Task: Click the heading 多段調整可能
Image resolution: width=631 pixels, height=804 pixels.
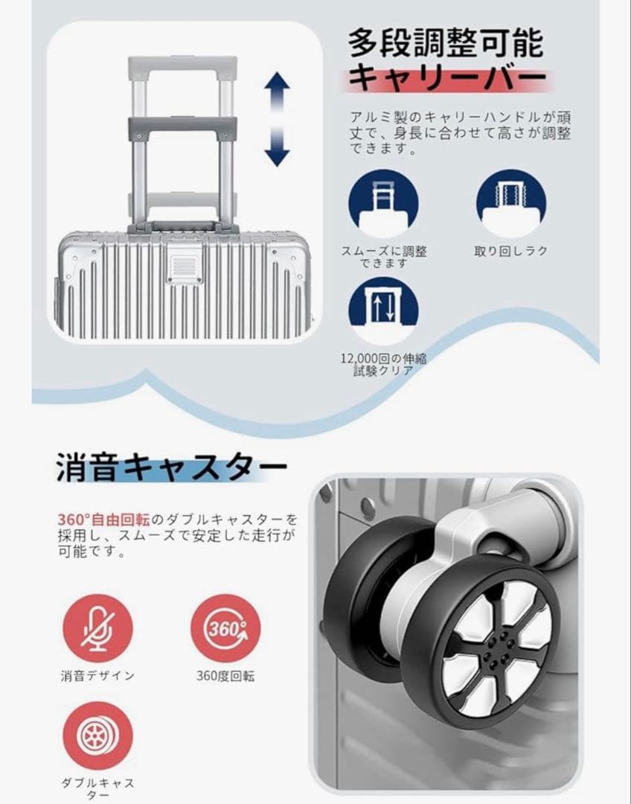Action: tap(446, 43)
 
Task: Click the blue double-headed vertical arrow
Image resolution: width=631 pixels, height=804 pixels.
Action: tap(276, 118)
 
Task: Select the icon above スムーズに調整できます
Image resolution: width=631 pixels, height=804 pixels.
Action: tap(384, 203)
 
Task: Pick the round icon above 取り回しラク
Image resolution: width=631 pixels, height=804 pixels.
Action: tap(510, 203)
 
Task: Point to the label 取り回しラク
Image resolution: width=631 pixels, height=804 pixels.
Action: tap(511, 252)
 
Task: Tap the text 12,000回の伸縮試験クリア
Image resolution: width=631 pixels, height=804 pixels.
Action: tap(384, 364)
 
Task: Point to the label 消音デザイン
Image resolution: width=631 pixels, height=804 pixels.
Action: tap(97, 676)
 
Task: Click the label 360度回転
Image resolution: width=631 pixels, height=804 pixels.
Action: tap(226, 676)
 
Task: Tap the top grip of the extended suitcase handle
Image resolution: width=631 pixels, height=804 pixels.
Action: tap(182, 66)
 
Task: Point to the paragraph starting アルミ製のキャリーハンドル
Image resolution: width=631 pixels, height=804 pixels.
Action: tap(461, 133)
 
